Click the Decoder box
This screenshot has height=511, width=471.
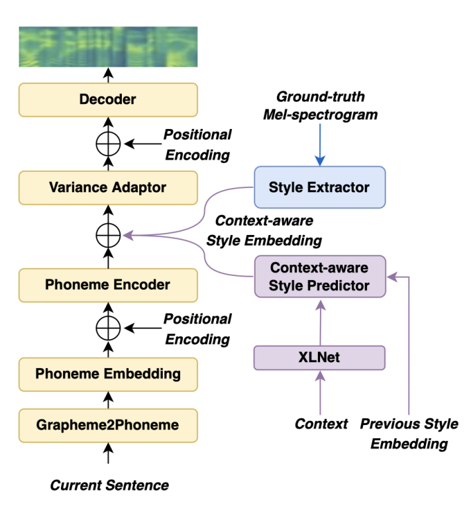tap(108, 100)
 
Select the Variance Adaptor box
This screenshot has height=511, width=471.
tap(108, 187)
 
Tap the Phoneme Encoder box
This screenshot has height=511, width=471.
tap(108, 285)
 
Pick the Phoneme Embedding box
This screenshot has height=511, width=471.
tap(108, 373)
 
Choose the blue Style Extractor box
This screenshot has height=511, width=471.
tap(319, 187)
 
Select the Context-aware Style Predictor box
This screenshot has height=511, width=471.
tap(319, 277)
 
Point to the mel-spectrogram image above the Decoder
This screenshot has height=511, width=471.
tap(108, 46)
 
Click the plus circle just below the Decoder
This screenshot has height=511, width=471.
tap(108, 143)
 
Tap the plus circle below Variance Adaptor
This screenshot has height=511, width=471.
tap(108, 234)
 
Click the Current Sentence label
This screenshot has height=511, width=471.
tap(109, 485)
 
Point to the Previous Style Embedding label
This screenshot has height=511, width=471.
tap(409, 434)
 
